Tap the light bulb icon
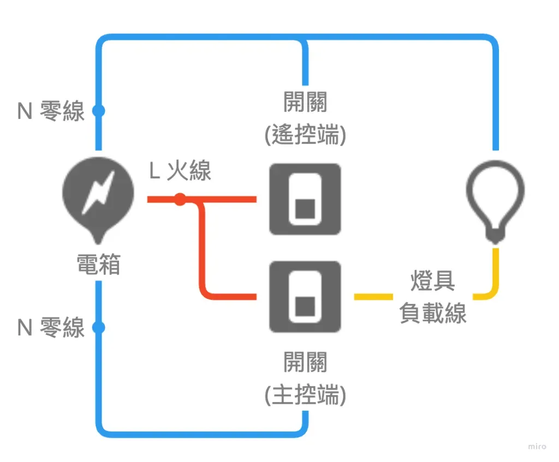495,199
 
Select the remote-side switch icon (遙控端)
305,199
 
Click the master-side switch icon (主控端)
305,297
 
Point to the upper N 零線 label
51,111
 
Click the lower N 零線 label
51,328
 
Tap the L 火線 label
180,171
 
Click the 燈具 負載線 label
432,298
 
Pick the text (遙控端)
305,135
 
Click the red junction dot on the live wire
180,200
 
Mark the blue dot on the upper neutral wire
98,111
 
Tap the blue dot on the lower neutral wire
98,328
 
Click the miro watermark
537,446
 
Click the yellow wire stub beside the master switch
373,297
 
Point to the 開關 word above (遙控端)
305,102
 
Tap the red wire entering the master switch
235,297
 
